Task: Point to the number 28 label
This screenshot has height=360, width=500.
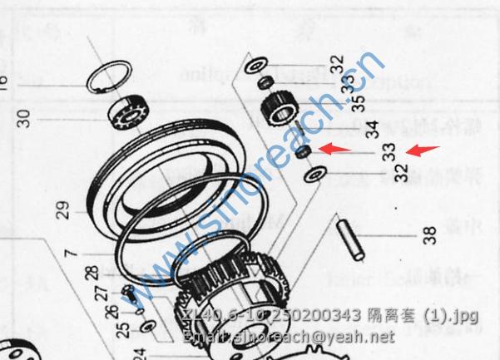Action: tap(92, 274)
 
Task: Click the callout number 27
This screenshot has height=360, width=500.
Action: tap(101, 293)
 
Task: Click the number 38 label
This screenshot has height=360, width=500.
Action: tap(429, 235)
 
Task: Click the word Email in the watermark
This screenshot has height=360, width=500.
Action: tap(200, 338)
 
